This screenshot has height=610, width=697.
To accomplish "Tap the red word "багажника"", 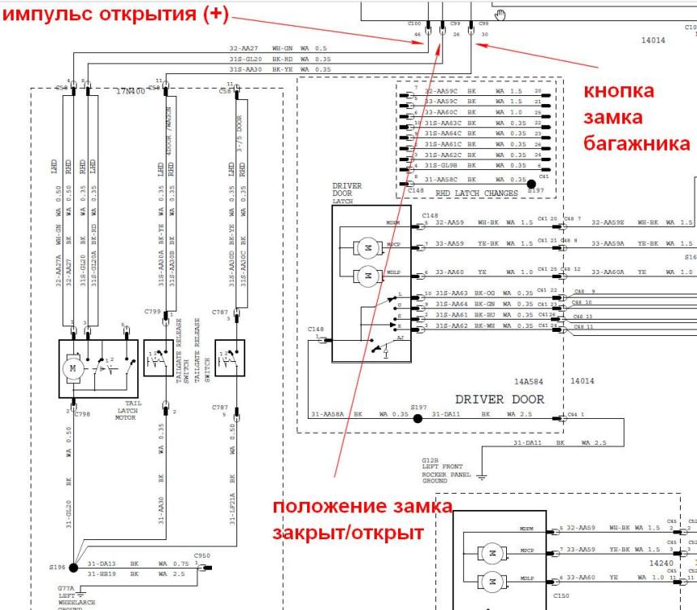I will click(x=637, y=143).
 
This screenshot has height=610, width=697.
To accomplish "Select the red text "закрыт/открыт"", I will click(x=348, y=534).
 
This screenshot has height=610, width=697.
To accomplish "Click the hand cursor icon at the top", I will click(x=500, y=13).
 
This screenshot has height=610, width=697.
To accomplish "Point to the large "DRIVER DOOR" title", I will click(x=500, y=399).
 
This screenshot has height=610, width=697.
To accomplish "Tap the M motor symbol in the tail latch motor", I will click(x=73, y=368).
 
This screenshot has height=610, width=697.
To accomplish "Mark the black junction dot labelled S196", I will click(x=73, y=566).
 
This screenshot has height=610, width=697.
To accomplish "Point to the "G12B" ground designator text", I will click(x=430, y=460).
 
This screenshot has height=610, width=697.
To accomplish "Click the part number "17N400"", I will click(x=130, y=91).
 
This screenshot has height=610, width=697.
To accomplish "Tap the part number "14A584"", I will click(x=529, y=380).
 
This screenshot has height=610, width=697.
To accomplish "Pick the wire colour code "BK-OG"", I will click(x=484, y=293).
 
